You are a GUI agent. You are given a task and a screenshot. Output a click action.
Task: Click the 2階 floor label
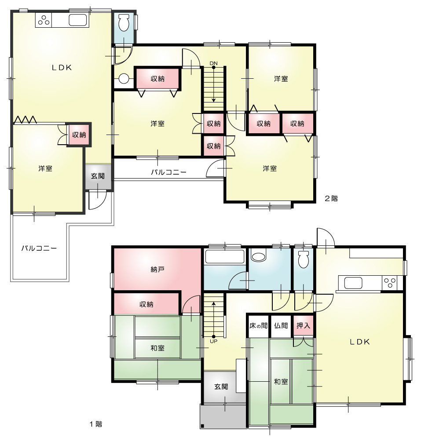pos(331,198)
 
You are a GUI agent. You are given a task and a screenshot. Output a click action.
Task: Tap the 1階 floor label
pos(96,424)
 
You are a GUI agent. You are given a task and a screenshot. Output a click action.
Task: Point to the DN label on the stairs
pos(213,63)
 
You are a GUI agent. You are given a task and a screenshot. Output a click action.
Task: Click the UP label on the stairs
pos(214,341)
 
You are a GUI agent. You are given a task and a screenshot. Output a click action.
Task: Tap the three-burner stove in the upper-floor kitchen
pos(44,20)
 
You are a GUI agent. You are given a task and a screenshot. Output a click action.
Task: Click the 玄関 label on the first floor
pos(221,387)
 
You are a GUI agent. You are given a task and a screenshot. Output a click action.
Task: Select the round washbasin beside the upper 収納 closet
pos(124,80)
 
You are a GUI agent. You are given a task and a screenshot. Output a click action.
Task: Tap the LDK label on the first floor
pos(359,342)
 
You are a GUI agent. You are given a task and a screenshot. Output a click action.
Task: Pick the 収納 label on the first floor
pos(146,304)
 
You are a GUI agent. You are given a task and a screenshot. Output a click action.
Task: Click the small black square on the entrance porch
pos(203,426)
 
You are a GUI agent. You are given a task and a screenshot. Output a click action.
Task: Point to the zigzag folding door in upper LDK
pos(26,120)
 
